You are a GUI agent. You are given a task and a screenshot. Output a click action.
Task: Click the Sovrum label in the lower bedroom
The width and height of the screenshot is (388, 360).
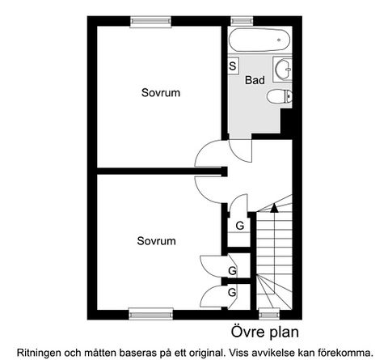[156, 241]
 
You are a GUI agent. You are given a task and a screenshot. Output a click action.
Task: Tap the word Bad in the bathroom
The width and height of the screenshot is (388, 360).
[255, 81]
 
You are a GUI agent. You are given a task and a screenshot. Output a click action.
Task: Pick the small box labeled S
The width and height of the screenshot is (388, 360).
[233, 65]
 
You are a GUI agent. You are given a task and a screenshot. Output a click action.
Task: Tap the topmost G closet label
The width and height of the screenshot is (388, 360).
[240, 226]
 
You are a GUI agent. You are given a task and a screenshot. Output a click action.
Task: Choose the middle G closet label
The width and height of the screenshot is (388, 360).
[232, 270]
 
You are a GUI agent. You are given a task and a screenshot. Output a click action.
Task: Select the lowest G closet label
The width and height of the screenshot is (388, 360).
[232, 292]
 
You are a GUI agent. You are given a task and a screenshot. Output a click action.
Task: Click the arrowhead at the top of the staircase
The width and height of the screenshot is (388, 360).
[274, 208]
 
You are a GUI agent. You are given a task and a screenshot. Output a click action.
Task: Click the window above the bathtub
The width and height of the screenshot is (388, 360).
[239, 21]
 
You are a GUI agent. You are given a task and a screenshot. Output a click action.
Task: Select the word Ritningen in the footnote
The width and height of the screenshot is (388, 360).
[39, 352]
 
